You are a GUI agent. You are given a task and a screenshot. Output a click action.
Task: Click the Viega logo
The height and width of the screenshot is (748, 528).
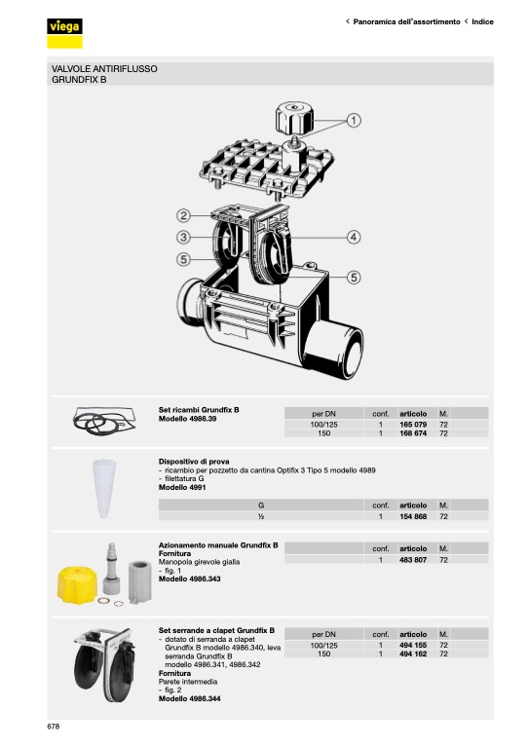(x=64, y=32)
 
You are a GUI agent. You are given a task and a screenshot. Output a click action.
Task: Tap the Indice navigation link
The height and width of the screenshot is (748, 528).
(x=482, y=22)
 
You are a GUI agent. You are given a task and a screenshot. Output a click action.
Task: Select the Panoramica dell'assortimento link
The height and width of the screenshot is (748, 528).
(x=406, y=22)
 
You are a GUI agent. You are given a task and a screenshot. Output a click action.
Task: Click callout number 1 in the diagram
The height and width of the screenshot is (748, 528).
(x=354, y=120)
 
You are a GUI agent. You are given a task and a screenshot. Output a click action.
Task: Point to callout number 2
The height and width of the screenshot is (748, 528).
(x=184, y=215)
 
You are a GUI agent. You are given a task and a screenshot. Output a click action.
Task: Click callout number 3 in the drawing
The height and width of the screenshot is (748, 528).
(x=184, y=237)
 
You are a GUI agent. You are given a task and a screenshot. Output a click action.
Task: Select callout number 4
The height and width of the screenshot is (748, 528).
(x=354, y=237)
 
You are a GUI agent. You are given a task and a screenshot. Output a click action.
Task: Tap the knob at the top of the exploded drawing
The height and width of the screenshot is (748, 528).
(x=295, y=117)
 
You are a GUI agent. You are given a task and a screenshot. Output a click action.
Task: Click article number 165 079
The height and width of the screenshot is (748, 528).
(x=413, y=424)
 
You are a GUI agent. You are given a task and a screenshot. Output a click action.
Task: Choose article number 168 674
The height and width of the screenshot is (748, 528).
(x=413, y=433)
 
